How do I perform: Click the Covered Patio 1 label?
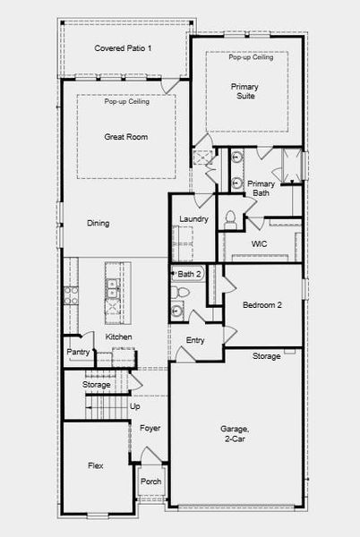click(123, 48)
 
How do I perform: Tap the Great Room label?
click(126, 137)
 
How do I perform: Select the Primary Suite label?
click(244, 91)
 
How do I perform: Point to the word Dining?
click(99, 223)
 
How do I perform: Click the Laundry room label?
click(193, 219)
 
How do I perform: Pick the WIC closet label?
click(260, 244)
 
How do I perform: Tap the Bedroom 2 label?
click(262, 305)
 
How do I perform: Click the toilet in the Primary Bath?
click(230, 219)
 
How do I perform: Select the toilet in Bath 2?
click(180, 292)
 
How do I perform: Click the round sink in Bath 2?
click(177, 311)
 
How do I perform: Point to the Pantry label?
click(78, 352)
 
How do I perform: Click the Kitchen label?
click(118, 337)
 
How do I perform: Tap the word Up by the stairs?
click(135, 406)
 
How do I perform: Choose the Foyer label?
click(150, 428)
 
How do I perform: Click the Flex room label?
click(96, 465)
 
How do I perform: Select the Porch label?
click(150, 482)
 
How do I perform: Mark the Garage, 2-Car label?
click(235, 433)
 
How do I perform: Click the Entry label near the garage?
click(195, 340)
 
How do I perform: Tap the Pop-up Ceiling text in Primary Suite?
click(251, 57)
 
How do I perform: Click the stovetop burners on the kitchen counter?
click(72, 295)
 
